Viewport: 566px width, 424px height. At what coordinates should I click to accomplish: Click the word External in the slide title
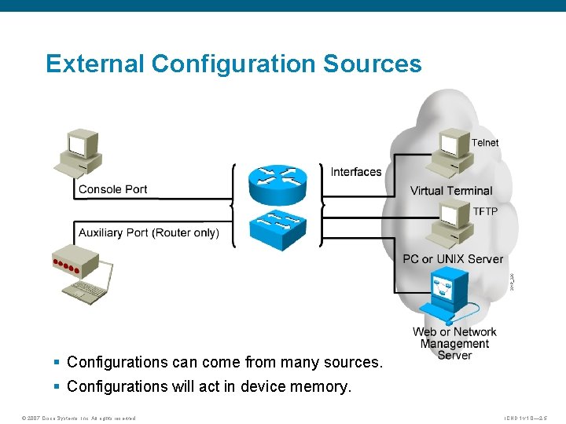coord(95,64)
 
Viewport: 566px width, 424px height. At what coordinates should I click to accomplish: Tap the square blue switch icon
coord(276,228)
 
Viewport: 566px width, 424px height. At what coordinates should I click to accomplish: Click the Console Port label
coord(112,189)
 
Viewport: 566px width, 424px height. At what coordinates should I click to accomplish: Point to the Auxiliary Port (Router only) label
coord(149,232)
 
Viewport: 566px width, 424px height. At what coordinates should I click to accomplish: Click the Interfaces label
coord(356,172)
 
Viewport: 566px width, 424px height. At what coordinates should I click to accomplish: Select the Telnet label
coord(485,143)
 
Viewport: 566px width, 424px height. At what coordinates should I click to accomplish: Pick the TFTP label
coord(485,212)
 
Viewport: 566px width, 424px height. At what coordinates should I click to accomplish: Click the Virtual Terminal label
coord(451,191)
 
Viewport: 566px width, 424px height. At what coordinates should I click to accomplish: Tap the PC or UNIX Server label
coord(453,258)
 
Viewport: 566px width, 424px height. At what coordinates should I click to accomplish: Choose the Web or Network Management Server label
coord(454,343)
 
